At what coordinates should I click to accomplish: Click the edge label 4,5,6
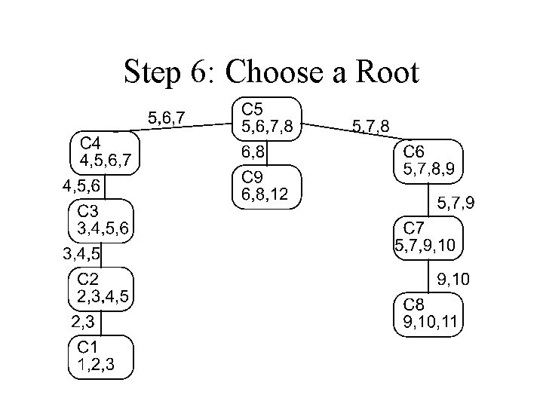click(x=83, y=185)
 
